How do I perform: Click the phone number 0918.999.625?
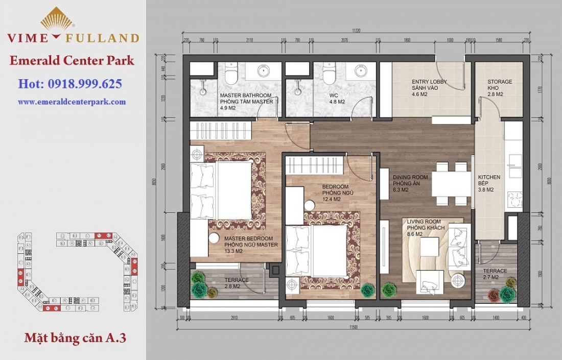point(70,84)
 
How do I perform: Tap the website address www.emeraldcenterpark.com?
point(72,102)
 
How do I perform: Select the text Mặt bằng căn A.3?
point(75,338)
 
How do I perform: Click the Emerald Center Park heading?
point(72,60)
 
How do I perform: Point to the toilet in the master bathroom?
point(231,76)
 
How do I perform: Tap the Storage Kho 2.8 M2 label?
point(499,88)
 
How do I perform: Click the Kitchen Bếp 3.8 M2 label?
point(489,183)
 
